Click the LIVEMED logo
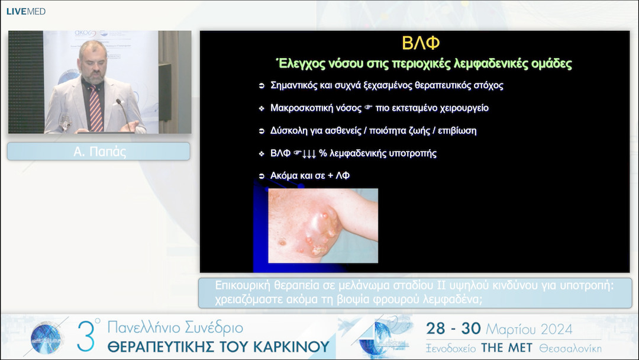25,11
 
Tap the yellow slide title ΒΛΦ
421,43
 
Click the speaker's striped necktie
96,108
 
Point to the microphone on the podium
124,114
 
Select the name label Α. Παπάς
99,152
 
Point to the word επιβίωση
457,131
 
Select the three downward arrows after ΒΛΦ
309,154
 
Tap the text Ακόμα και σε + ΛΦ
309,176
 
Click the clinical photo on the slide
323,226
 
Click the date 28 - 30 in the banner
454,329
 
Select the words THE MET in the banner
506,348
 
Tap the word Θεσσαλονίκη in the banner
570,348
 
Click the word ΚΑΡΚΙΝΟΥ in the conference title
291,346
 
